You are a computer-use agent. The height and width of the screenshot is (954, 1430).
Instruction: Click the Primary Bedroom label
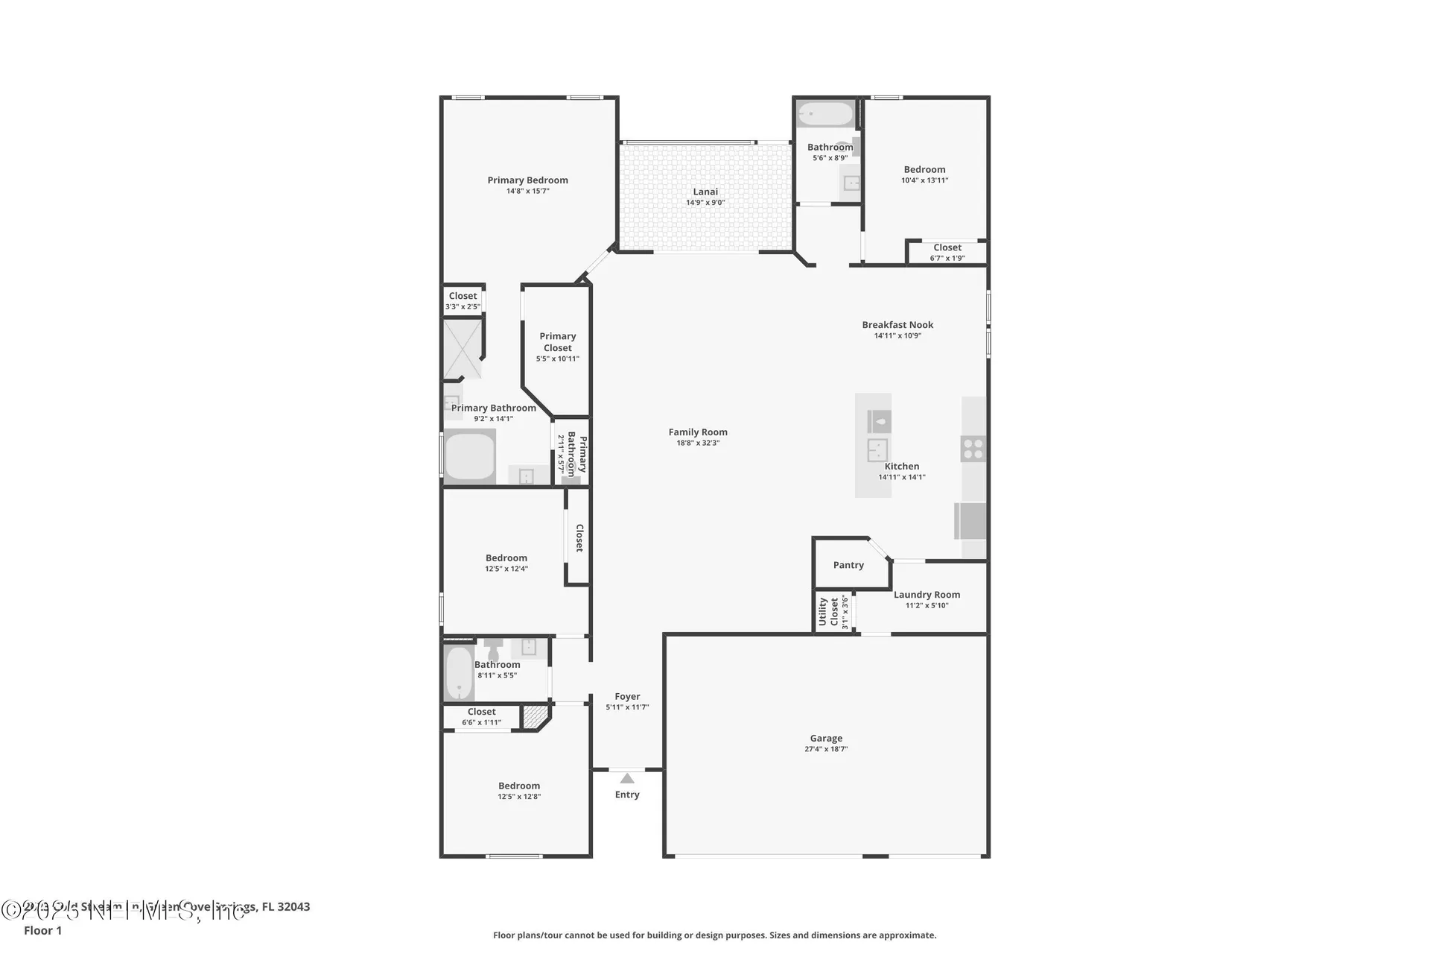527,180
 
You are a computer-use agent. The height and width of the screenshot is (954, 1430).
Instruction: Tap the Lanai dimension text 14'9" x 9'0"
705,203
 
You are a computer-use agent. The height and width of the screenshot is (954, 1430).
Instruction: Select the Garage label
826,738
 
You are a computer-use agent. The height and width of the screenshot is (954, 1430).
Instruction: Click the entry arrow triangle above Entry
627,779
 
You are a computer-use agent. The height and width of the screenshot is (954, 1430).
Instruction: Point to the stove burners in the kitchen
973,449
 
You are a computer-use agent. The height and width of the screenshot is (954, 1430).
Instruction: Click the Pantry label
848,565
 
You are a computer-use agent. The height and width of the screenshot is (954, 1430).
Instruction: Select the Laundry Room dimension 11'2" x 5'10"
927,605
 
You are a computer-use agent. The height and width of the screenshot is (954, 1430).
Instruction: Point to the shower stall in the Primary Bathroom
462,348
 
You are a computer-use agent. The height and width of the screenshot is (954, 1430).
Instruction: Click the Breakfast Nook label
897,324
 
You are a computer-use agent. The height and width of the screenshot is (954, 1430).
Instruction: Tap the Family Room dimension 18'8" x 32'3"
698,443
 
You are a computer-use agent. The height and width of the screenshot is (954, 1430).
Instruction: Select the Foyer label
627,696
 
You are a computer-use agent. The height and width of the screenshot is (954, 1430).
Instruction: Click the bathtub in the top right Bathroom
825,115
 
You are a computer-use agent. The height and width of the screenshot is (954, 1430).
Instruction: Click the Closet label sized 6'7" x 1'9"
947,247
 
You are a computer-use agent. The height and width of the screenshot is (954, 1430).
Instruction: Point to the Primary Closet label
557,341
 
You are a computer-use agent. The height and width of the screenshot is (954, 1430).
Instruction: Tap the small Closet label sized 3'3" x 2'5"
463,296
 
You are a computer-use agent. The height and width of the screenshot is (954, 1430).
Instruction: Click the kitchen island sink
877,450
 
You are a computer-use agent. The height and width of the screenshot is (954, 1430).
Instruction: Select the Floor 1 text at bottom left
43,930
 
